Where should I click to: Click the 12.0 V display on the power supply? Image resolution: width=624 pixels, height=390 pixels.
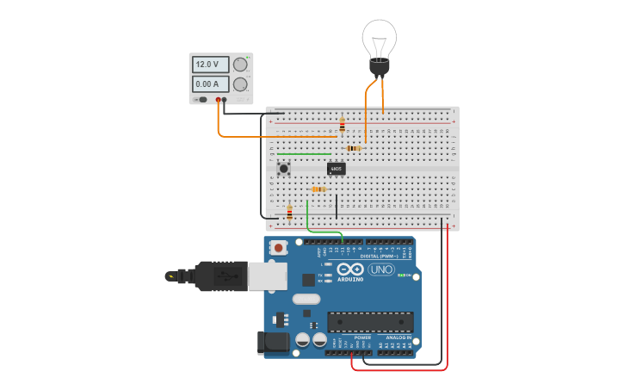[210, 65]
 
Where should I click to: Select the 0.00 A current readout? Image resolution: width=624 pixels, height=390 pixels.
[210, 84]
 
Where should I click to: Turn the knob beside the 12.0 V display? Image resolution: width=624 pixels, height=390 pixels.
[240, 65]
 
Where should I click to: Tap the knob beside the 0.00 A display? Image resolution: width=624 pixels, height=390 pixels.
[240, 84]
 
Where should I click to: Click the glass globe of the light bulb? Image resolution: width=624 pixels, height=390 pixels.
[379, 37]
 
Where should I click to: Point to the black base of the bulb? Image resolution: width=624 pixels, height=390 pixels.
[379, 67]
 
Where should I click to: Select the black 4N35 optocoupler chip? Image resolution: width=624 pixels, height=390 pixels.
[337, 169]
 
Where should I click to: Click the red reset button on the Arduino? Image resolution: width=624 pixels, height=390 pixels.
[279, 248]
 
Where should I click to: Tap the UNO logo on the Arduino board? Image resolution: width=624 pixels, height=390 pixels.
[380, 269]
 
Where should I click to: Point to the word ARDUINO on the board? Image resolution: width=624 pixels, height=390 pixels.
[350, 279]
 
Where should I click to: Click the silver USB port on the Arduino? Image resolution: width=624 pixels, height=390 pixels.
[267, 275]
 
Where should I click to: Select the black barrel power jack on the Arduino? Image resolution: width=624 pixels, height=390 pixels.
[274, 342]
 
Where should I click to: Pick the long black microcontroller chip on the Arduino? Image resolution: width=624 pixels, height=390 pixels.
[370, 322]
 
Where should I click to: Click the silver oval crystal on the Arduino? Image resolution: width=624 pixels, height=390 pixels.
[306, 300]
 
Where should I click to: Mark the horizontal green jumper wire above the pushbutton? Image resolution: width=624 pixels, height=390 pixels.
[304, 154]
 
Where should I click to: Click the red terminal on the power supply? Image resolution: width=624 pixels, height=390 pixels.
[219, 101]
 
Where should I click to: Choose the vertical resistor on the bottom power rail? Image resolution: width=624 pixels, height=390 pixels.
[289, 212]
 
